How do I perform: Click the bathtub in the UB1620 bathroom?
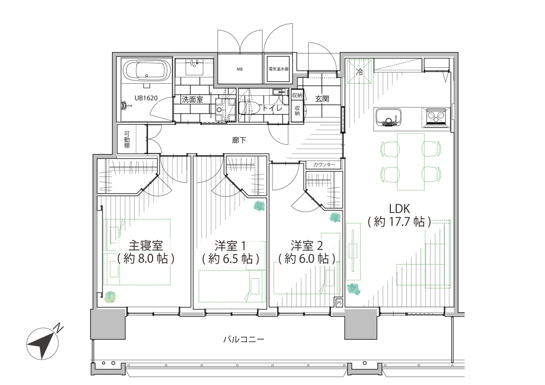(x=147, y=70)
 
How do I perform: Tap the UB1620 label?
(x=146, y=98)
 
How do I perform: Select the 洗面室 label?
(x=192, y=100)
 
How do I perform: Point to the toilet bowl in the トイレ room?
(x=250, y=108)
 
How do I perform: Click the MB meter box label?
(x=239, y=69)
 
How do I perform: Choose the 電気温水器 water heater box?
(x=278, y=69)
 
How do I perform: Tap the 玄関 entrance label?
(x=322, y=98)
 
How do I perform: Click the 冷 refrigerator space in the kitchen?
(x=360, y=72)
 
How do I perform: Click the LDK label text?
(x=399, y=209)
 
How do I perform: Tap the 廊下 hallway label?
(x=239, y=140)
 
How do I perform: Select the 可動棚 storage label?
(x=127, y=139)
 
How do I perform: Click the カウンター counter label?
(x=324, y=165)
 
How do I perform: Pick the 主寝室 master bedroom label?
(x=146, y=246)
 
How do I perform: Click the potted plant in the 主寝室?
(x=109, y=296)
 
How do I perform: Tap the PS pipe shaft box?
(x=339, y=303)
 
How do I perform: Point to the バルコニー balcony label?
(x=244, y=339)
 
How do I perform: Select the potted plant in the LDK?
(x=353, y=289)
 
